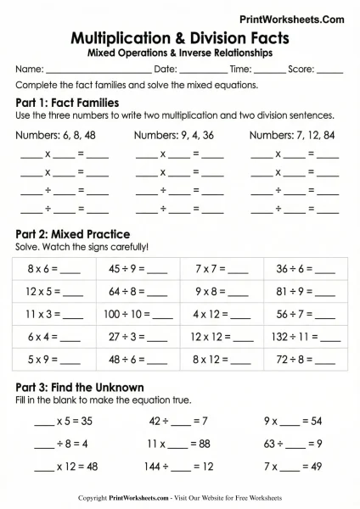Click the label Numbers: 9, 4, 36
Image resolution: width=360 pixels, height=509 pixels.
[179, 135]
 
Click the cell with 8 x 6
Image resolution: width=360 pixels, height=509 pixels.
[53, 269]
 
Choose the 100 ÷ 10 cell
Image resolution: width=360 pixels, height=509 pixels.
[138, 313]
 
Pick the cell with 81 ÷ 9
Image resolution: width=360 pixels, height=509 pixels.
[303, 291]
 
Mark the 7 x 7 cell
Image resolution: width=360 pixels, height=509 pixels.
[221, 269]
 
